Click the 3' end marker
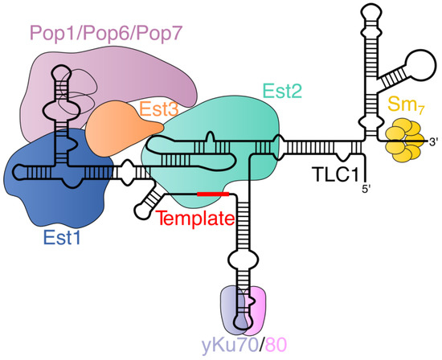(433, 142)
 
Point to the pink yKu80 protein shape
(259, 309)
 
